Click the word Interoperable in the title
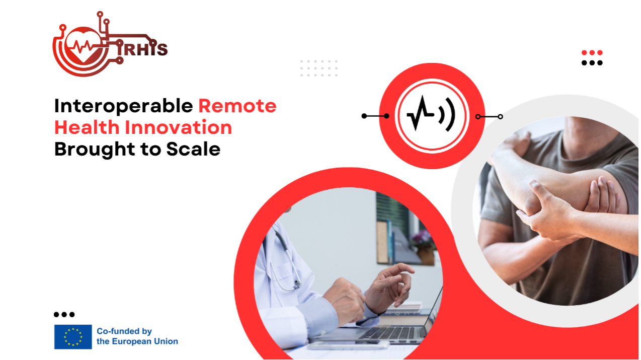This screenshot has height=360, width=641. coord(123,106)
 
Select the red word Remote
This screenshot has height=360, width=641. coord(237,106)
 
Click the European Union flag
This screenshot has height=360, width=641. coord(73,337)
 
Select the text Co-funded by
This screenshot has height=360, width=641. coord(124,331)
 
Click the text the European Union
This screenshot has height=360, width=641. coord(137,341)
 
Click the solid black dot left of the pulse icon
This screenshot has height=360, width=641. coord(364,116)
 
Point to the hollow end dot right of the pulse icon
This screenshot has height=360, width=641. coord(500,116)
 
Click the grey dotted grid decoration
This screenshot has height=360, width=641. coord(319,68)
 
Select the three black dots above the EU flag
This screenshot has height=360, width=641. coord(64,315)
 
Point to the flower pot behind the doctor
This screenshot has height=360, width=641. coord(425,254)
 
